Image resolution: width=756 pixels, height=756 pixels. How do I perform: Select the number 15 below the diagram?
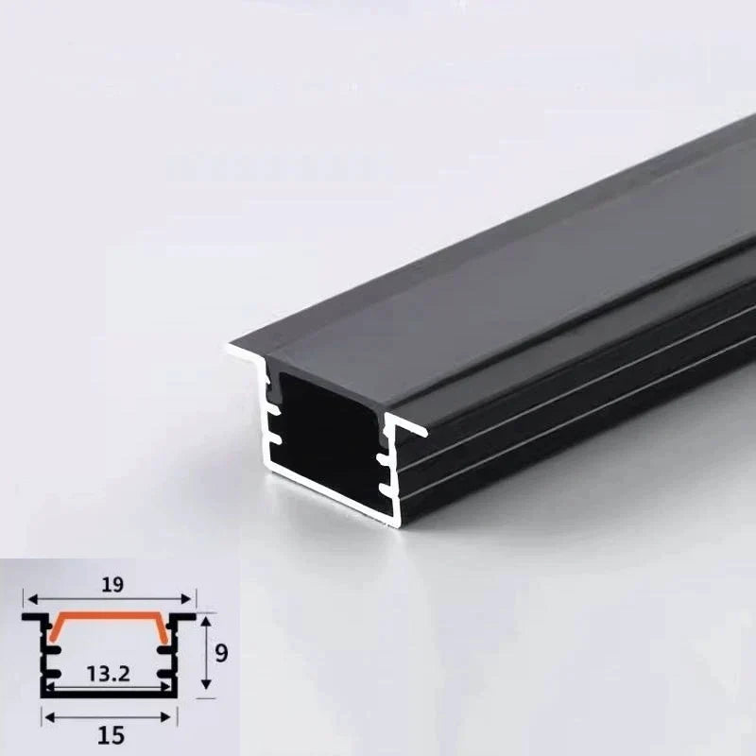pos(111,733)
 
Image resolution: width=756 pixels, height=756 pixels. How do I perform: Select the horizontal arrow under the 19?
pos(109,598)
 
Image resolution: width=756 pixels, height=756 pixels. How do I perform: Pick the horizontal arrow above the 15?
pos(109,715)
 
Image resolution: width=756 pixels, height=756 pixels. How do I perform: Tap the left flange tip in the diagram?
pos(26,615)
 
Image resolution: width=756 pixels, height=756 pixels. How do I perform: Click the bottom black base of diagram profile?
pos(109,696)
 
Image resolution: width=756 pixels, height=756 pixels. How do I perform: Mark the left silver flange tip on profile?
pos(230,352)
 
